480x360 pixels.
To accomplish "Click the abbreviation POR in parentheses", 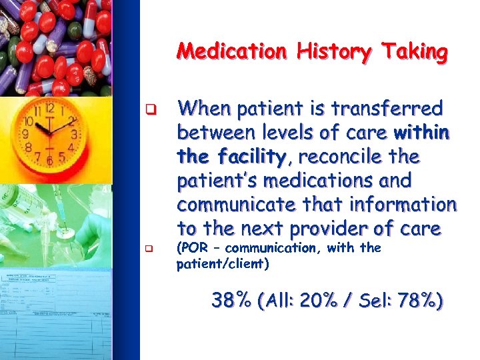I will click(x=191, y=248).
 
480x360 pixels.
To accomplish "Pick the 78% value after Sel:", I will click(x=419, y=301).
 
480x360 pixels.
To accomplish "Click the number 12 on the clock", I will click(x=49, y=108).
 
